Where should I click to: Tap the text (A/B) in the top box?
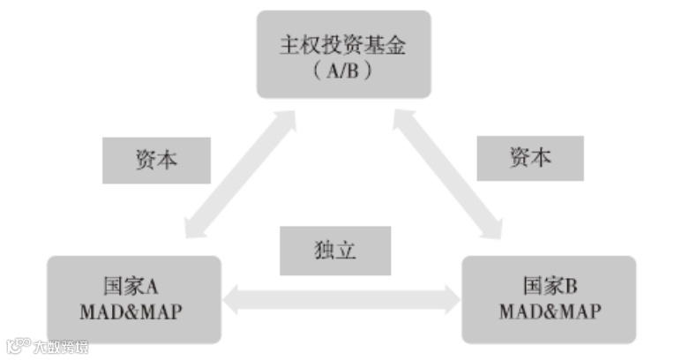pos(343,71)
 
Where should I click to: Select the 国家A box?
pos(133,299)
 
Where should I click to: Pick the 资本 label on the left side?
pos(156,160)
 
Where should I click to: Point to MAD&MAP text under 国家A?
pos(131,312)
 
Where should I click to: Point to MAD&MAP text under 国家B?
pos(550,312)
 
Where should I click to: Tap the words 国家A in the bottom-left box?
pos(131,287)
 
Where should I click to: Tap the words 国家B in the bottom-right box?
pos(550,286)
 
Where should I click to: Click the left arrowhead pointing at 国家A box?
pos(232,299)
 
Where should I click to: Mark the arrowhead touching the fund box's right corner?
pos(400,116)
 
